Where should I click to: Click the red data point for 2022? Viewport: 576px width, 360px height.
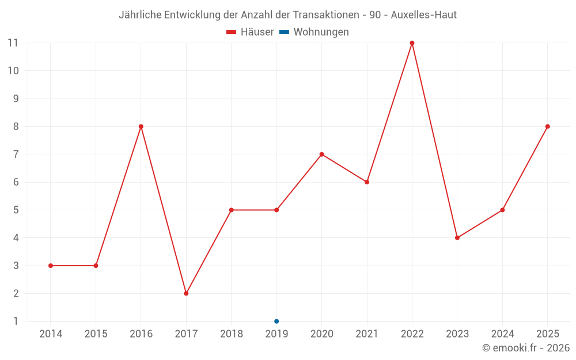[412, 43]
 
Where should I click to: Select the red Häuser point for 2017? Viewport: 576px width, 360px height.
[186, 294]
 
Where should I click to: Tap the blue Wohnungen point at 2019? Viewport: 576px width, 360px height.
[276, 321]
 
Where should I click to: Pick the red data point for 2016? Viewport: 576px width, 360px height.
[141, 126]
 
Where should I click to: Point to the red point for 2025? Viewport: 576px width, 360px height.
[547, 126]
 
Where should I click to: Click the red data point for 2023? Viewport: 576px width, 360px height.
[457, 238]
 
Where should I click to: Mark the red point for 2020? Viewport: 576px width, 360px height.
[322, 154]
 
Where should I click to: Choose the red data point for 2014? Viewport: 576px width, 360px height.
[51, 266]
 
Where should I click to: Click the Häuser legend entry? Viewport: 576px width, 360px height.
[250, 32]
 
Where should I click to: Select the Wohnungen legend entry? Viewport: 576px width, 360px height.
[314, 32]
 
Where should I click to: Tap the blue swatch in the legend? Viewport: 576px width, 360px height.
[285, 32]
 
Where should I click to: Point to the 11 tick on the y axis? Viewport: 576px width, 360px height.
[13, 43]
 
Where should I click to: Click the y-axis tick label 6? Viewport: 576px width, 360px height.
[16, 182]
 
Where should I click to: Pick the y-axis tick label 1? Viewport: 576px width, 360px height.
[16, 321]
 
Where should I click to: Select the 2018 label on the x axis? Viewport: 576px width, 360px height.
[232, 334]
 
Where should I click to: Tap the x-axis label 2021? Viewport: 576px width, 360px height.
[367, 334]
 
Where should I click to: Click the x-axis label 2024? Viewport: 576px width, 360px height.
[502, 334]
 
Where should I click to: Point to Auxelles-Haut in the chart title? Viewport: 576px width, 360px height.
[423, 15]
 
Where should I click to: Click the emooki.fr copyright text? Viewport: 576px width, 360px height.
[526, 348]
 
